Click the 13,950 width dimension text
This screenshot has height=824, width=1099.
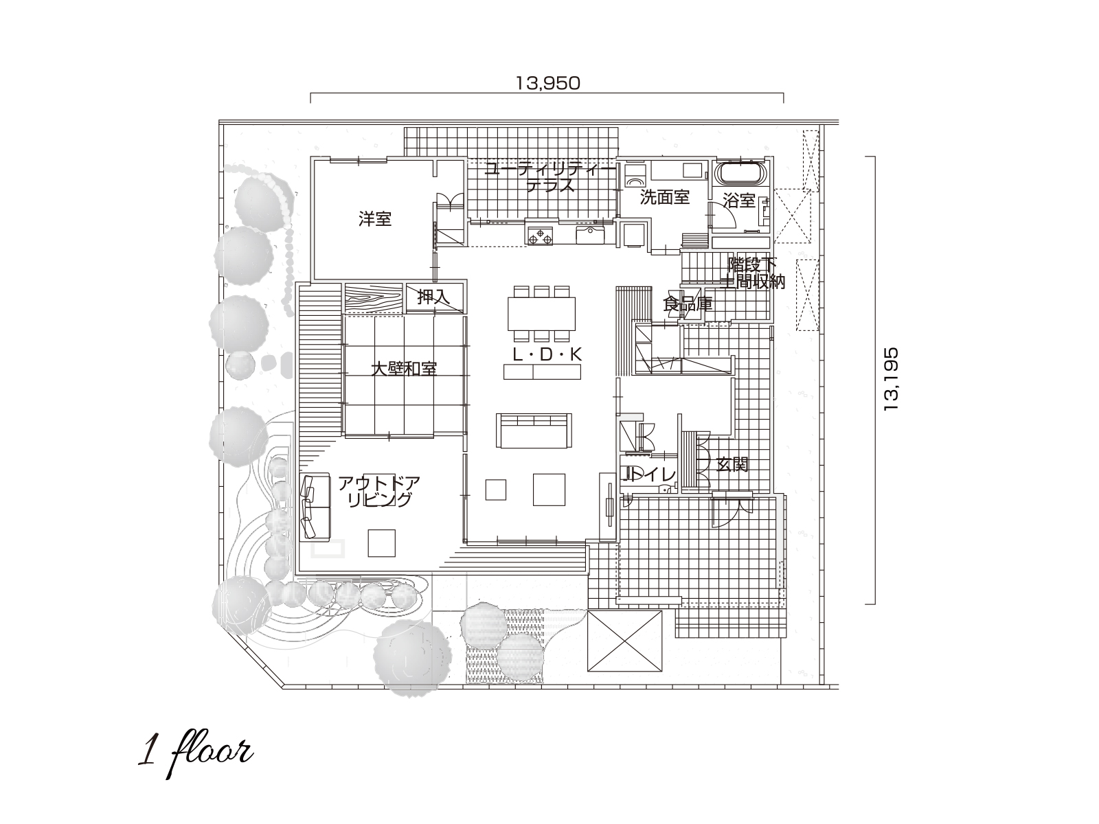tap(547, 83)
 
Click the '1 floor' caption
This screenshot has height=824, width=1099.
tap(195, 755)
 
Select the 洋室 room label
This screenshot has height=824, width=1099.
tap(374, 219)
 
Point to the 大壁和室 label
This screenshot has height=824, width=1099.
tap(404, 369)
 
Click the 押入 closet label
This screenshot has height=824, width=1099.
tap(433, 298)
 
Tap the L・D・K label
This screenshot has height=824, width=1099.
tap(547, 355)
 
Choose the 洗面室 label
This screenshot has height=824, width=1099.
tap(664, 197)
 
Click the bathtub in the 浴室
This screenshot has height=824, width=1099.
tap(741, 174)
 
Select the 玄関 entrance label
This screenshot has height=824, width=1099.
tap(732, 465)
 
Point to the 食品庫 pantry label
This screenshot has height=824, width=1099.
tap(688, 304)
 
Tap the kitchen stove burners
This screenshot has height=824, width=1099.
tap(539, 235)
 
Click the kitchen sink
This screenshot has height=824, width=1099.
tap(590, 234)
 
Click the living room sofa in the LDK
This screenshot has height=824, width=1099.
tap(534, 431)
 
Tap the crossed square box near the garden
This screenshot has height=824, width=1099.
tap(625, 641)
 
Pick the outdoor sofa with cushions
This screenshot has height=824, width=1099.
tap(315, 507)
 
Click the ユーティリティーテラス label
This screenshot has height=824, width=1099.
tap(549, 177)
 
